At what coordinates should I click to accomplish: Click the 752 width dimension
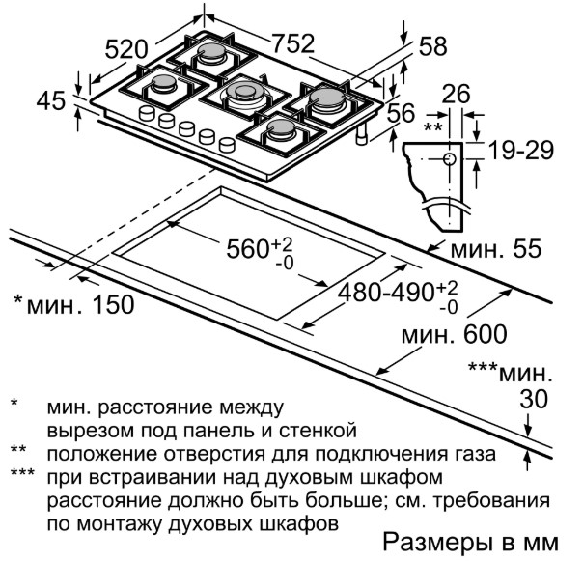pyautogui.click(x=293, y=43)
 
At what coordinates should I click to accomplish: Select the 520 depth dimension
pyautogui.click(x=126, y=48)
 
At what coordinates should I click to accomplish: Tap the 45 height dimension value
pyautogui.click(x=51, y=100)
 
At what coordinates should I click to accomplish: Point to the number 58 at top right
pyautogui.click(x=432, y=46)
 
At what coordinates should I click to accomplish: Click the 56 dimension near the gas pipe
pyautogui.click(x=401, y=113)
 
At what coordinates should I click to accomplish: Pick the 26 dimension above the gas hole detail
pyautogui.click(x=456, y=94)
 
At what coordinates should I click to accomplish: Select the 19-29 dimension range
pyautogui.click(x=521, y=151)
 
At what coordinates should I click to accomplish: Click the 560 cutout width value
pyautogui.click(x=247, y=248)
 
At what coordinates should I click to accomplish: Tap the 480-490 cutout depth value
pyautogui.click(x=386, y=292)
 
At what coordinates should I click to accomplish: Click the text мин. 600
pyautogui.click(x=454, y=334)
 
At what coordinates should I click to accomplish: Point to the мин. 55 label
pyautogui.click(x=496, y=248)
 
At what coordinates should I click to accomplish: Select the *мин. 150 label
pyautogui.click(x=73, y=304)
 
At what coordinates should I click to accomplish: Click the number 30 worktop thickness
pyautogui.click(x=534, y=399)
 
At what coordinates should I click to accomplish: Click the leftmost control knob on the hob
pyautogui.click(x=147, y=113)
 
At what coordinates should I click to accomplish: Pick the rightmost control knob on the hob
pyautogui.click(x=228, y=144)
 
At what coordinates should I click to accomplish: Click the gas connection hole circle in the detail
pyautogui.click(x=450, y=159)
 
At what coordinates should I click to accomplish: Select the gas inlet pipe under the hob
pyautogui.click(x=362, y=134)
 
